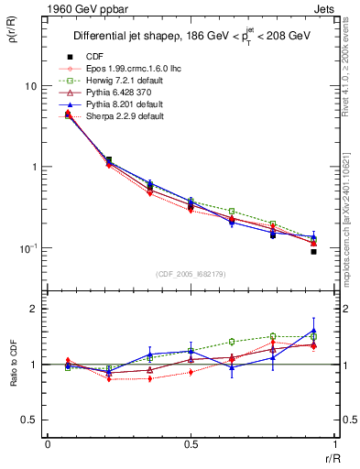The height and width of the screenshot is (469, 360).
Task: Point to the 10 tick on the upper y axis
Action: pos(30,86)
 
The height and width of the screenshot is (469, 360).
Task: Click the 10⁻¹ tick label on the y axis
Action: pos(27,248)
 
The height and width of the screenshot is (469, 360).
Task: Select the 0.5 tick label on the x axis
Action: pos(191,443)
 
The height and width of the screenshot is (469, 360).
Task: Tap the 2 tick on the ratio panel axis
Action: pos(33,309)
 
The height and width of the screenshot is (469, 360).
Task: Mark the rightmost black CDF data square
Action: pos(313,251)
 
